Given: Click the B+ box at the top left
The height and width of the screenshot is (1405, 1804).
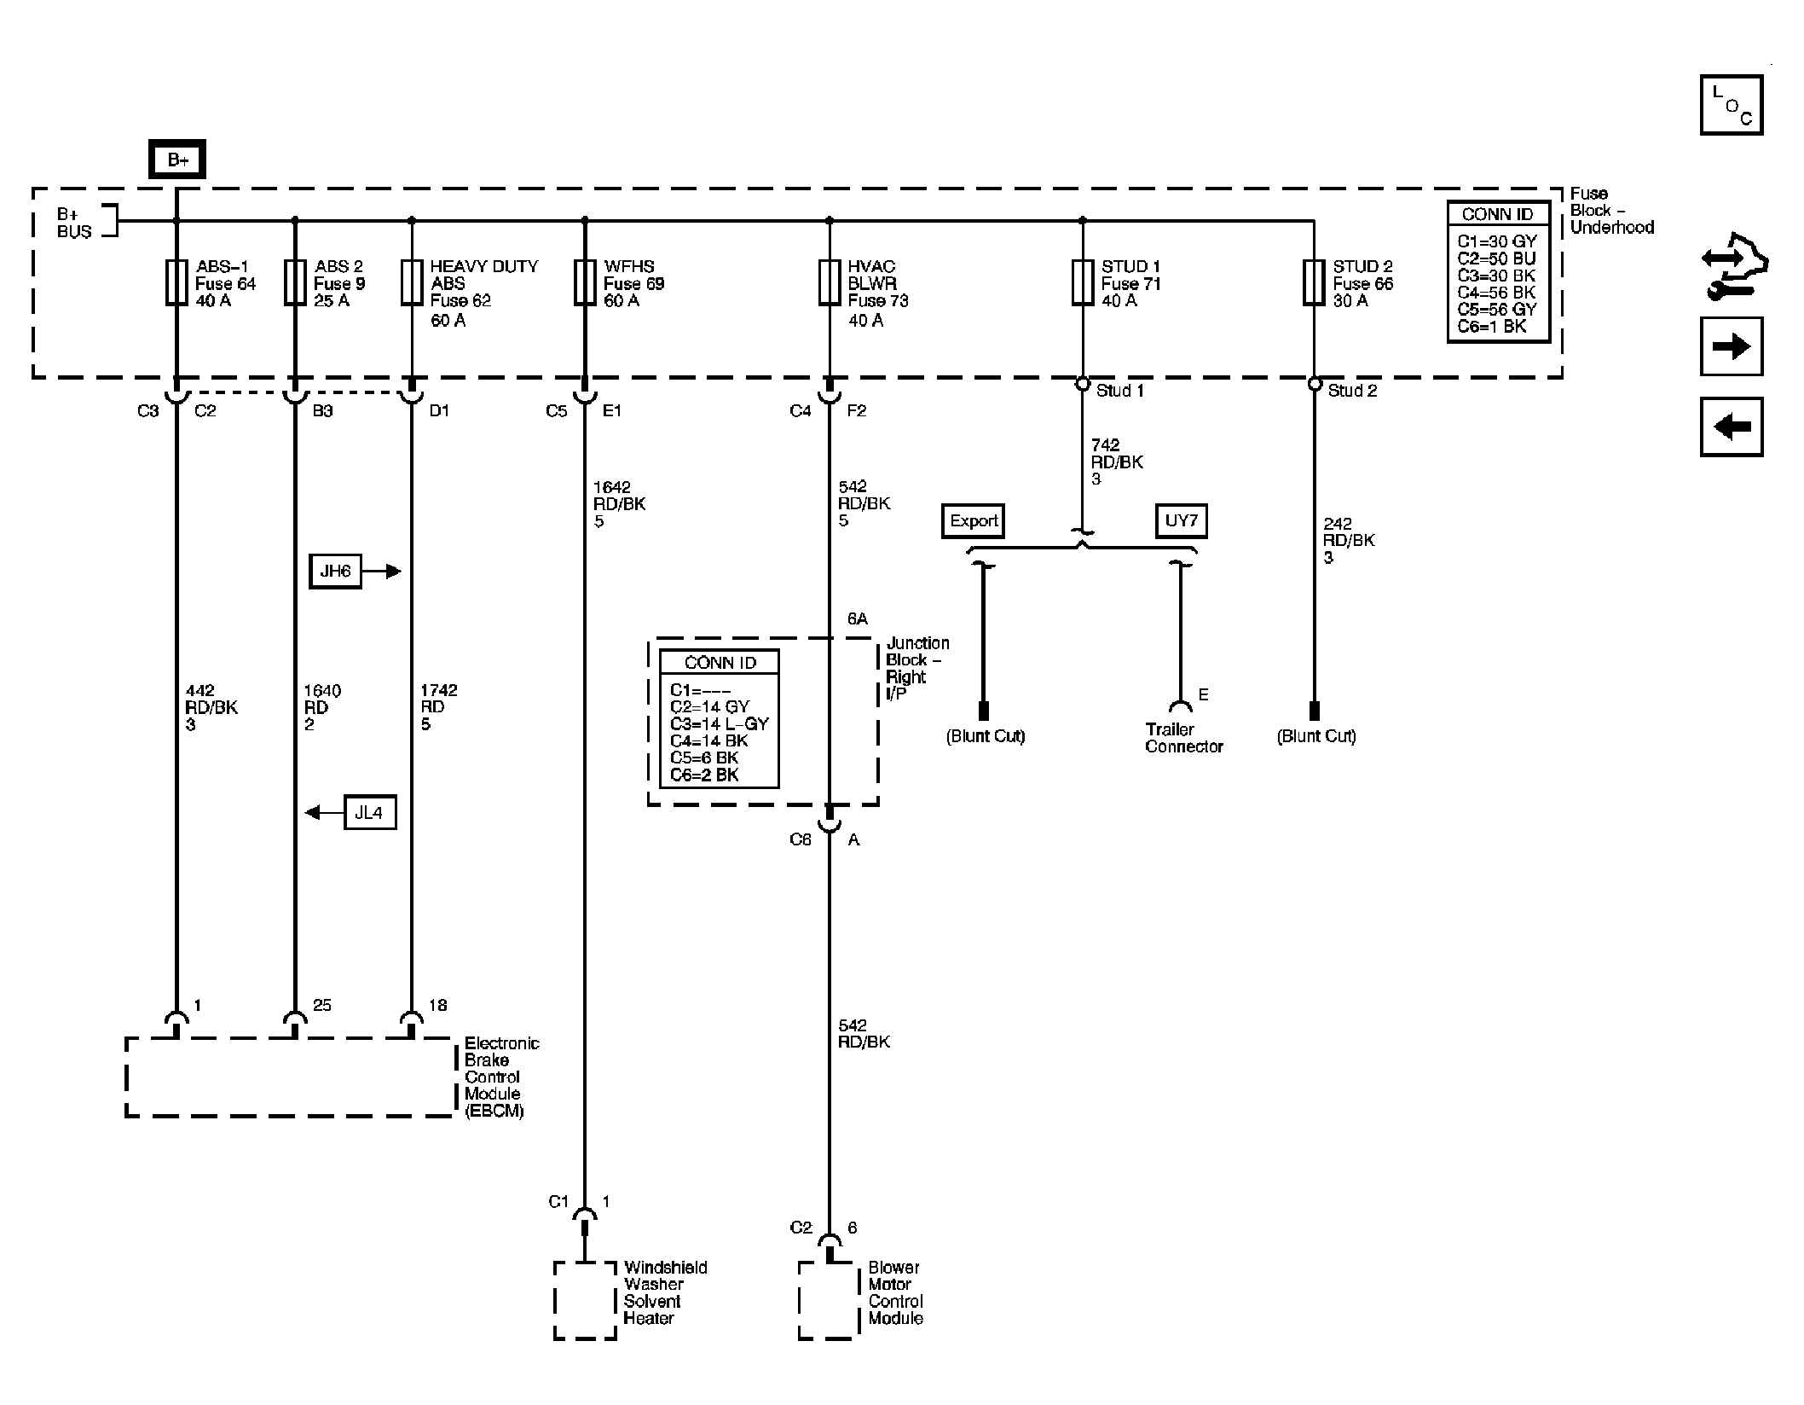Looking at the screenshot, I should pos(177,160).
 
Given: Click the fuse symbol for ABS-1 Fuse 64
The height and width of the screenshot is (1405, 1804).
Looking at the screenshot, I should pos(176,282).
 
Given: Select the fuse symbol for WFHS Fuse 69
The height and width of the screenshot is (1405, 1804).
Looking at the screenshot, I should pos(585,282).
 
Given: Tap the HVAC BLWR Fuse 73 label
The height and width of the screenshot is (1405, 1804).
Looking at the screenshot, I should pos(877,293).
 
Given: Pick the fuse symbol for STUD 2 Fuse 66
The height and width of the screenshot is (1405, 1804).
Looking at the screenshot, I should pos(1314,282).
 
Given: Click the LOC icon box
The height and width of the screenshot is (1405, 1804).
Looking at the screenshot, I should pos(1731,105).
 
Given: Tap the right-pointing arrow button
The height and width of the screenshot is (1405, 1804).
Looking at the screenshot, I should pos(1731,346).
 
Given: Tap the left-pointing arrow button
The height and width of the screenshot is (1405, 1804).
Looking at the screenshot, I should pos(1731,426).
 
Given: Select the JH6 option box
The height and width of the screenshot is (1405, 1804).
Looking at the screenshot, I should pos(335,571).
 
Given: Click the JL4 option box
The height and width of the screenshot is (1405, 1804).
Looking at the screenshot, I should pos(369,812).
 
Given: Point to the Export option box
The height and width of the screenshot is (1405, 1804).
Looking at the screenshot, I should pos(974,520).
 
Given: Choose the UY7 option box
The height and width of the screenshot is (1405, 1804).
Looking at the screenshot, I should pos(1181,520).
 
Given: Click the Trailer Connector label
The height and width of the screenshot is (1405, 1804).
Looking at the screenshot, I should pos(1183,738).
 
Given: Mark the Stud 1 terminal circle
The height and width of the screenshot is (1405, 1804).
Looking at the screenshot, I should pos(1083,384).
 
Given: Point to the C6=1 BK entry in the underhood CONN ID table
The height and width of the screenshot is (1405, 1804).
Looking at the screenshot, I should pos(1491,326).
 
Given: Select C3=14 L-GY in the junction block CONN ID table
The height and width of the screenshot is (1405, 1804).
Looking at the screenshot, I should pos(719,723).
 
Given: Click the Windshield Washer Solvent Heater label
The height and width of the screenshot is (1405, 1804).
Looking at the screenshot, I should pos(664,1292).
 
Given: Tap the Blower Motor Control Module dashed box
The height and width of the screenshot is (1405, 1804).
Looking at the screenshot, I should pos(827,1301).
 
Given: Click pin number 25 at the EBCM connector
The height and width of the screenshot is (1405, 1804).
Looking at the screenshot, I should pos(321,1005).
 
